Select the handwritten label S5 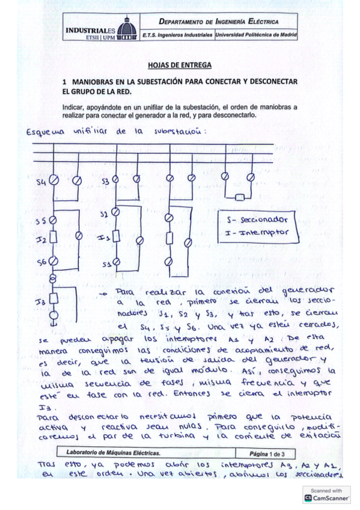(x=40, y=221)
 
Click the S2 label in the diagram (x=104, y=214)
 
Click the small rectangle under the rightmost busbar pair (x=239, y=197)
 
